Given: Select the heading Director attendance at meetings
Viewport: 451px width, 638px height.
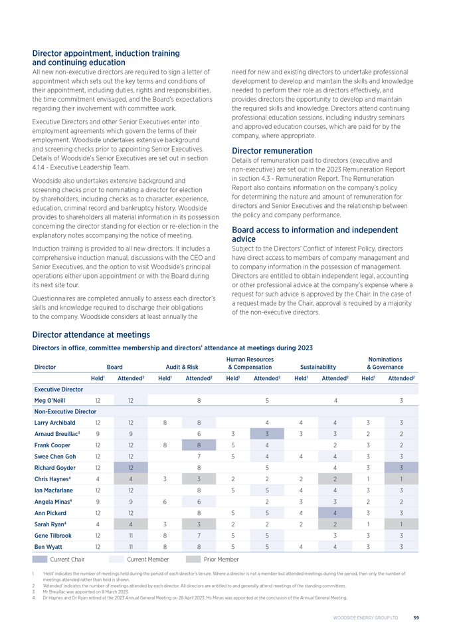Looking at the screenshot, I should [x=91, y=334].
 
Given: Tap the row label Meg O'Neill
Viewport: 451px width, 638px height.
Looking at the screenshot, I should [x=49, y=400].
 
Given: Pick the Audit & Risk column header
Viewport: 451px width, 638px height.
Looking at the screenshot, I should [x=181, y=366].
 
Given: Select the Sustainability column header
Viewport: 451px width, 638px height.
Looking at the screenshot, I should [x=318, y=366].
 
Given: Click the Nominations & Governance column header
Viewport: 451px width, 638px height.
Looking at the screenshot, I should [x=385, y=363].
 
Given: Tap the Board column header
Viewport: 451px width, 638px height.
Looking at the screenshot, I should [x=114, y=366].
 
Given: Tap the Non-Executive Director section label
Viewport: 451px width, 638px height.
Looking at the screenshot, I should [x=65, y=412].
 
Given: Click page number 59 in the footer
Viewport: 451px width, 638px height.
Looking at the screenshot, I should [x=414, y=617].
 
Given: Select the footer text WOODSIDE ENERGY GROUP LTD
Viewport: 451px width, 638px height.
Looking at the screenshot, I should [x=366, y=617].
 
